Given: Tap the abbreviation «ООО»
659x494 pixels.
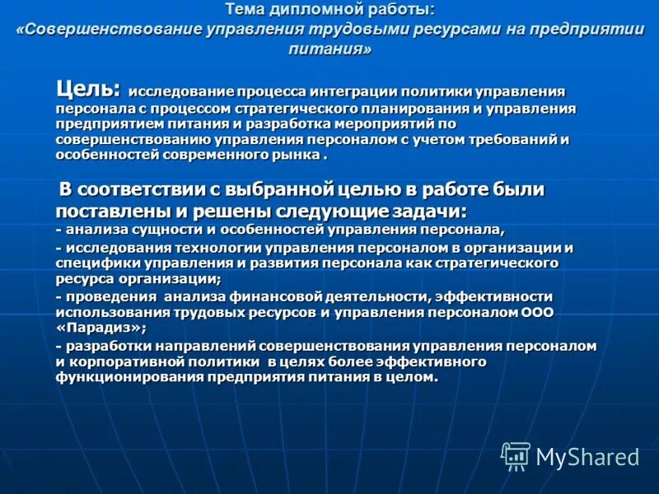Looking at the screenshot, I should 537,312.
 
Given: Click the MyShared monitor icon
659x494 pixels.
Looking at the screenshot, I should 516,455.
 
